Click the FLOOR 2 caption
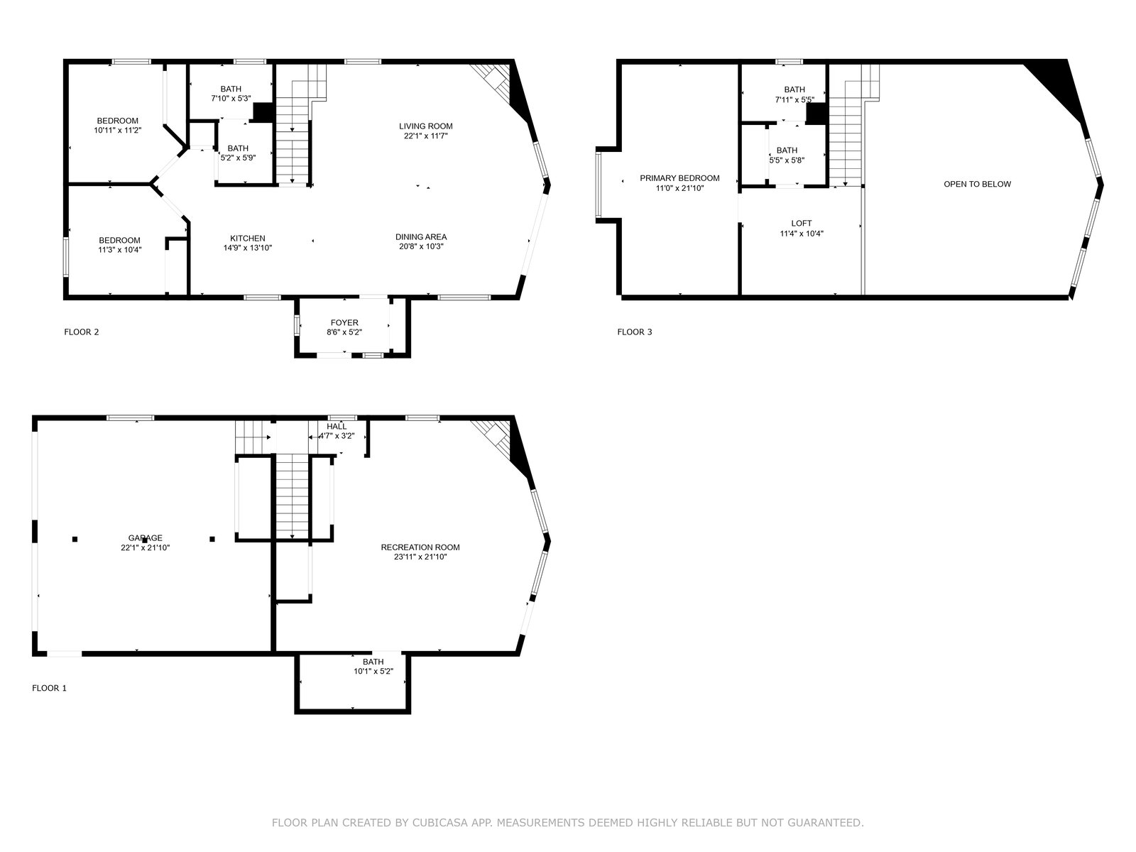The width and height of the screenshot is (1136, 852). [81, 332]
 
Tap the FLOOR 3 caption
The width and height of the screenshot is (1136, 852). [635, 332]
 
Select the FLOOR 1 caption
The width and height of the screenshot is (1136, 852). [49, 688]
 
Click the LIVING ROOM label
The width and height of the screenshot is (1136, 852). [425, 126]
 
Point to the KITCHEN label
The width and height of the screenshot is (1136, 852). [247, 239]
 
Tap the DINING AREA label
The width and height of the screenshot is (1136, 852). [421, 237]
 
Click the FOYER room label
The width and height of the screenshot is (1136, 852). [344, 323]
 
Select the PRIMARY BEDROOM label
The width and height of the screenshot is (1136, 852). [679, 178]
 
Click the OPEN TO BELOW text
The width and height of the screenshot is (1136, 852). [977, 184]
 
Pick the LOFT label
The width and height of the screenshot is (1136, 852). [801, 224]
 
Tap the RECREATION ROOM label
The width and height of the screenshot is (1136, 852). [420, 547]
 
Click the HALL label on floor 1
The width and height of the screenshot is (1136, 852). [337, 427]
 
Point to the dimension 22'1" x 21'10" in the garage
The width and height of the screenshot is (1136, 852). [146, 548]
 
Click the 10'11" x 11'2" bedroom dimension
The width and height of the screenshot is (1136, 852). [117, 131]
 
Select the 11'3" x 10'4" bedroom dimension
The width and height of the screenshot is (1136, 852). [119, 250]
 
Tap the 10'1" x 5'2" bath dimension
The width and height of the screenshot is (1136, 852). [373, 672]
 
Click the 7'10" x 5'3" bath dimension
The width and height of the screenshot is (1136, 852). [231, 98]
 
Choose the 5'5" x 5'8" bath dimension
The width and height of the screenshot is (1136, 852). [787, 160]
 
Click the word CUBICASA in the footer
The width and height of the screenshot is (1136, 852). [438, 822]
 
